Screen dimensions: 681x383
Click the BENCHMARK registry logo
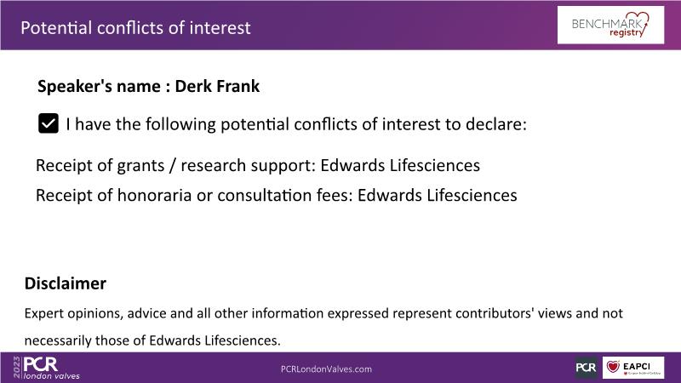point(610,25)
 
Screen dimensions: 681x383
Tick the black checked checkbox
point(49,123)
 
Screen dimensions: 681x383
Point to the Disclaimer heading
point(66,283)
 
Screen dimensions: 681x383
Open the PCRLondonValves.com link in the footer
point(326,369)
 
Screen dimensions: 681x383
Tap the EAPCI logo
point(633,368)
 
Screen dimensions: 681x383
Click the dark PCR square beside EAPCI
point(587,368)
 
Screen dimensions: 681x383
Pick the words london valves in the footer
point(52,376)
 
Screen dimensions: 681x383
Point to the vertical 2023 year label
point(17,368)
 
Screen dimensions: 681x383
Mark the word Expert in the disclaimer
point(44,313)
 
